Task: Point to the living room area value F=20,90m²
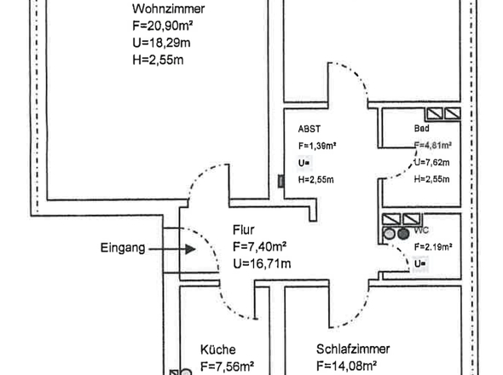coord(168,26)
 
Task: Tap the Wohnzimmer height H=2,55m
coord(158,60)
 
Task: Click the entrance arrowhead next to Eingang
coord(191,249)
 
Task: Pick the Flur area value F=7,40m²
coord(263,247)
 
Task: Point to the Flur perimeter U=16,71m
coord(262,264)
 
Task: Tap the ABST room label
coord(309,130)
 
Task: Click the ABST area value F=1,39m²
coord(316,146)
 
